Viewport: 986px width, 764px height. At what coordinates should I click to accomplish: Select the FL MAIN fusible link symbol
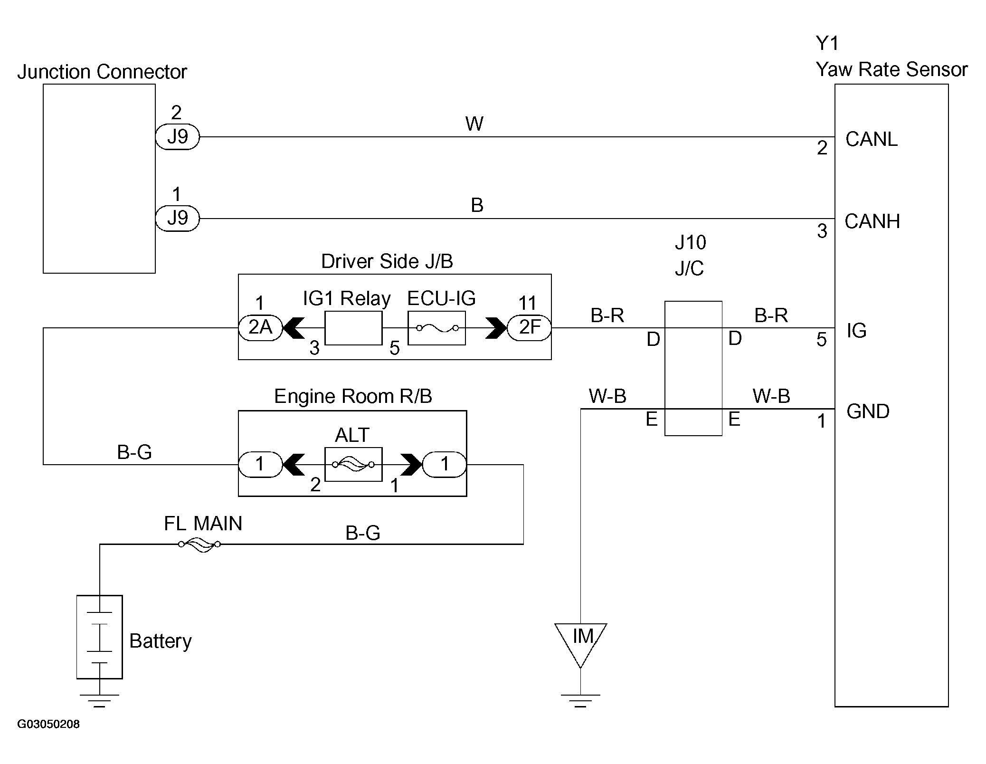pyautogui.click(x=199, y=544)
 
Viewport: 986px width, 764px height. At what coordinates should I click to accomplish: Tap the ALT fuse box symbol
pyautogui.click(x=353, y=464)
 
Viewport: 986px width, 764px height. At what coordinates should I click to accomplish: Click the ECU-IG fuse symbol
pyautogui.click(x=436, y=328)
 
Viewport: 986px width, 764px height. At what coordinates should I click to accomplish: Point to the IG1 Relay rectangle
pyautogui.click(x=353, y=328)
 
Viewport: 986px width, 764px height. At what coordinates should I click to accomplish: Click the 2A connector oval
pyautogui.click(x=260, y=327)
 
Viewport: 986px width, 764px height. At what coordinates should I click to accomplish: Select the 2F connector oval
pyautogui.click(x=529, y=327)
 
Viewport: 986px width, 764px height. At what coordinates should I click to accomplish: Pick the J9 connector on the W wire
pyautogui.click(x=178, y=137)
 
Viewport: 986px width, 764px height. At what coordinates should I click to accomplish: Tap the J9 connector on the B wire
pyautogui.click(x=178, y=219)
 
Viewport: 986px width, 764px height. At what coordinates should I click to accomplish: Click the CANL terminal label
pyautogui.click(x=871, y=139)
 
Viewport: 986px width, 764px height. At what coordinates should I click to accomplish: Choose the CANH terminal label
pyautogui.click(x=872, y=221)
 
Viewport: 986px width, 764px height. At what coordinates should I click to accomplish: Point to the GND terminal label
pyautogui.click(x=868, y=411)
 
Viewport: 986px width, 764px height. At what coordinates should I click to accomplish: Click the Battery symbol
pyautogui.click(x=100, y=637)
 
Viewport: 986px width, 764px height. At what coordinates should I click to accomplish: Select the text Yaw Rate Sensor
pyautogui.click(x=891, y=69)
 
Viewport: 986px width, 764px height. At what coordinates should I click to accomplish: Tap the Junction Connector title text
pyautogui.click(x=102, y=72)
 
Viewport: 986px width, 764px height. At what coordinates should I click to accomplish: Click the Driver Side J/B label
pyautogui.click(x=387, y=261)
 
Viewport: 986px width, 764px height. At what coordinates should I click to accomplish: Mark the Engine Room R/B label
pyautogui.click(x=353, y=396)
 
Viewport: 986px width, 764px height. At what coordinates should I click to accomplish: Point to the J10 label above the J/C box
pyautogui.click(x=690, y=243)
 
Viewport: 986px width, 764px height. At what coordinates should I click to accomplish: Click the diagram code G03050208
pyautogui.click(x=48, y=724)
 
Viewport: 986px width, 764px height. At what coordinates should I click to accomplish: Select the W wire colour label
pyautogui.click(x=474, y=124)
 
